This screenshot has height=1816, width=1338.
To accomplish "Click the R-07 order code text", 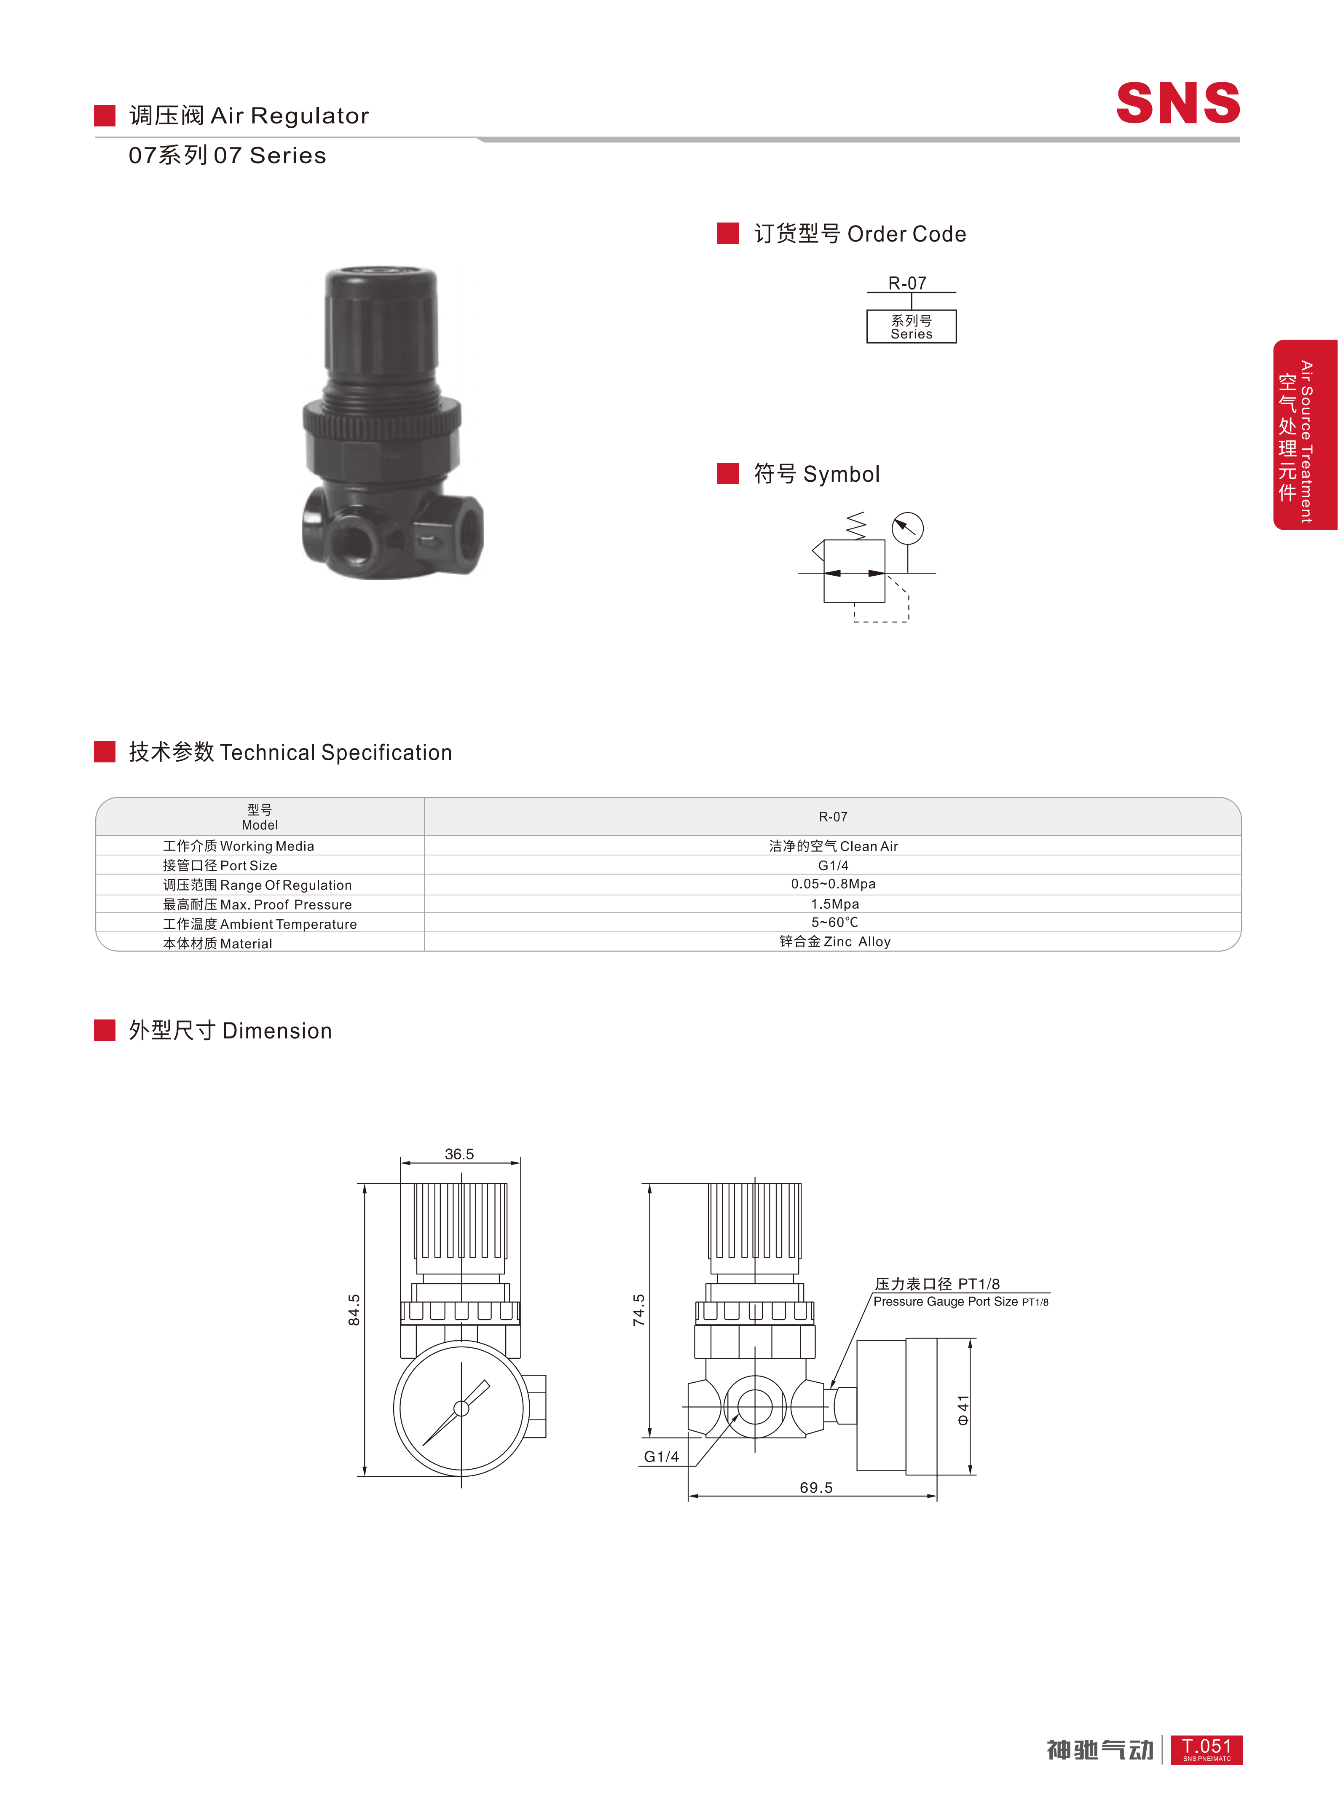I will coord(907,283).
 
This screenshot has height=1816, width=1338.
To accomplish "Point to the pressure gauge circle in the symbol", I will coord(907,528).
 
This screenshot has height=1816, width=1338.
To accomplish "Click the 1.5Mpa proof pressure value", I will coord(834,904).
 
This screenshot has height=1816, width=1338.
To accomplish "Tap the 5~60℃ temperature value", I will coord(834,923).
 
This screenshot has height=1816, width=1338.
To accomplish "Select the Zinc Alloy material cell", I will coord(834,941).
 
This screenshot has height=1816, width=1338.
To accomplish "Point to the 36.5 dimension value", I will coord(459,1154).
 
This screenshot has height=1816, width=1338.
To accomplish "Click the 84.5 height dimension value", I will coord(354,1310).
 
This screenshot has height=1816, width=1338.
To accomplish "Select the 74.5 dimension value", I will coord(639,1310).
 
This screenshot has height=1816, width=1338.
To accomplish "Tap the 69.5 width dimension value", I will coord(815,1487).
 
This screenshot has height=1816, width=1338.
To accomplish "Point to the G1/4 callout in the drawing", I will coord(661,1457).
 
